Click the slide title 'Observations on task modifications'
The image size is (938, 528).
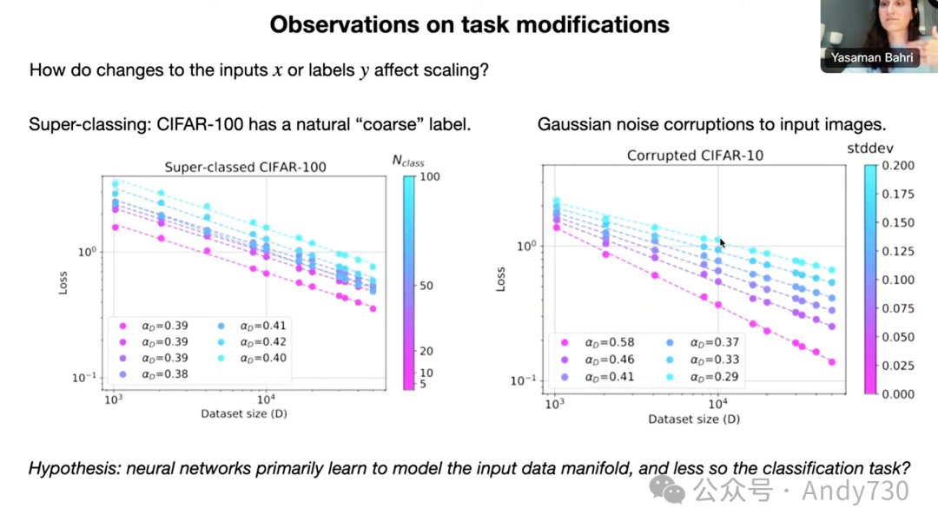(469, 23)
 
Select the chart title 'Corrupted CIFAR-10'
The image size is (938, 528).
(684, 155)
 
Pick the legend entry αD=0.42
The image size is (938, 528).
(262, 341)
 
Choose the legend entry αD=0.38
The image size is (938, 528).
(165, 374)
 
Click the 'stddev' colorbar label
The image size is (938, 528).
(869, 148)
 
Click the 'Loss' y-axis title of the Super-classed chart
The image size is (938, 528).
(63, 283)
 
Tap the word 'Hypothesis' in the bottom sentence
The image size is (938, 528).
(73, 469)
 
